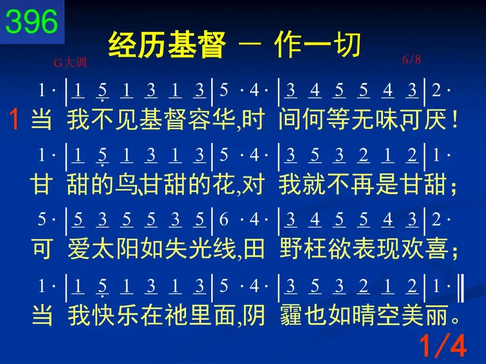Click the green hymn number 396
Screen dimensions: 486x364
[32, 22]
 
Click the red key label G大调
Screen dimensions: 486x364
[70, 63]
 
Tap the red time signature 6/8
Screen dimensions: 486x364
[411, 59]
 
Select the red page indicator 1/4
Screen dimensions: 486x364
[443, 346]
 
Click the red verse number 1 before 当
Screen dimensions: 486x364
[14, 119]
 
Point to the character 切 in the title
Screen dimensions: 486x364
[347, 45]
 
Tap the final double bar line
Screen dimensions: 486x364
[461, 288]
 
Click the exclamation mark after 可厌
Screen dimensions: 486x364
[455, 119]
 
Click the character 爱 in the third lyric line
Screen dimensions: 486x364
[79, 249]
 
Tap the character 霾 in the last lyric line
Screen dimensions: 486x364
[291, 315]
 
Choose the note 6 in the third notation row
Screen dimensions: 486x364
[224, 219]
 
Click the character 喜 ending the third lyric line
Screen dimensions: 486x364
[437, 249]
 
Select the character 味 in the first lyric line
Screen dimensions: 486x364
[387, 119]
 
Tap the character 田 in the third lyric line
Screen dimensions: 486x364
[254, 249]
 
